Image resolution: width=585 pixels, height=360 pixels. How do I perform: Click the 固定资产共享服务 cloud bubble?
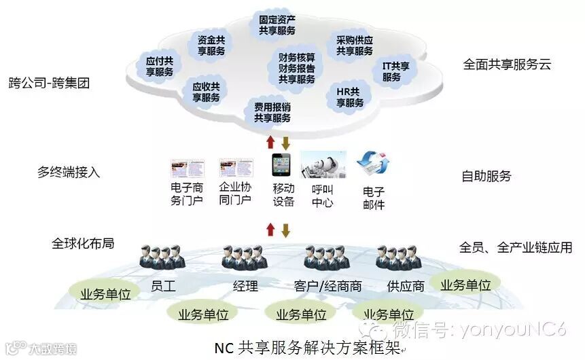point(277,25)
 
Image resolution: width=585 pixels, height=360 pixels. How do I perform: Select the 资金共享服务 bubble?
point(211,45)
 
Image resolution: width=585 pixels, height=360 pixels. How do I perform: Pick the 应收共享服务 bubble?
point(206,92)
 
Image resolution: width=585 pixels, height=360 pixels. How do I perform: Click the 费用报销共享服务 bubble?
point(272,112)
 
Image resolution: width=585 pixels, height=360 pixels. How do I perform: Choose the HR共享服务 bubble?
point(350,97)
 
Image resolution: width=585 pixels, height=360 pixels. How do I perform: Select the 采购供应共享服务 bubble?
point(355,46)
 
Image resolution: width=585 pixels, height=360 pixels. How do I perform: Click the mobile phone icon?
point(281,165)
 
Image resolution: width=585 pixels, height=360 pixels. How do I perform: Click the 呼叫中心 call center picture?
point(323,165)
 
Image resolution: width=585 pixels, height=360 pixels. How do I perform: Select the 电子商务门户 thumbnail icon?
point(188,168)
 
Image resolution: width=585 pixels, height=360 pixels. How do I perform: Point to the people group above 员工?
point(162,257)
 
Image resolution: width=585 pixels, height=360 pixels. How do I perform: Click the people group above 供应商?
point(400,257)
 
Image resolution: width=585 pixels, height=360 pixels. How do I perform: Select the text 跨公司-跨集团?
point(49,84)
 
